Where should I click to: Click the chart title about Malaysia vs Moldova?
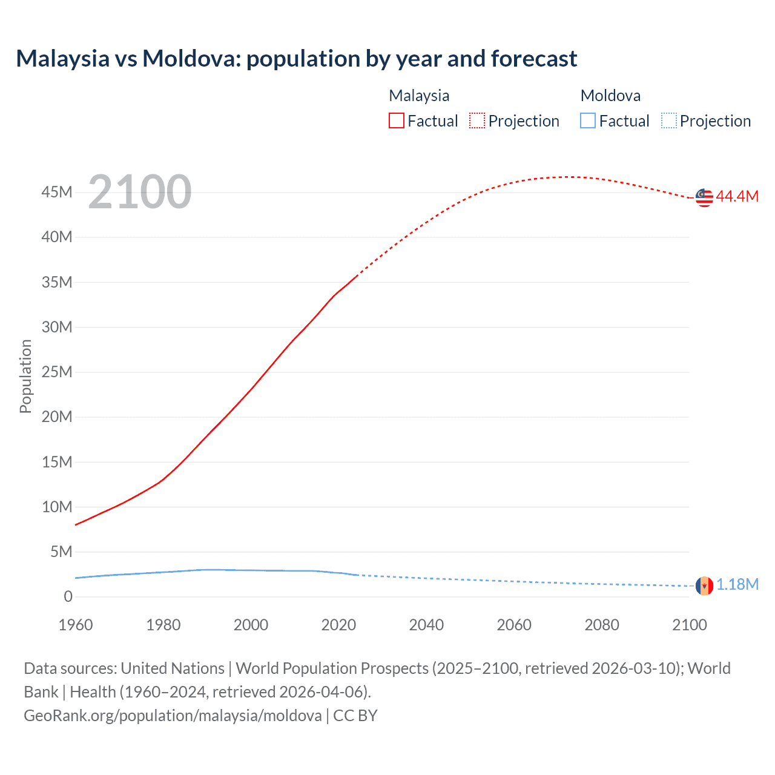pyautogui.click(x=296, y=59)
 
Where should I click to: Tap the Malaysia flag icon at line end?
pyautogui.click(x=704, y=197)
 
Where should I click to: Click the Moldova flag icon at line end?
pyautogui.click(x=704, y=585)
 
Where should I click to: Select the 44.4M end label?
pyautogui.click(x=737, y=196)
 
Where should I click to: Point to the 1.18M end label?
pyautogui.click(x=737, y=584)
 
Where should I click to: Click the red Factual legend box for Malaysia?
pyautogui.click(x=397, y=120)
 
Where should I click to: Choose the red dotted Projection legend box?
pyautogui.click(x=477, y=120)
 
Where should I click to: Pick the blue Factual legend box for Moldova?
pyautogui.click(x=588, y=120)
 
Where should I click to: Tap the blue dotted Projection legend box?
pyautogui.click(x=668, y=120)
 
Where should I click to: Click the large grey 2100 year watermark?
pyautogui.click(x=140, y=193)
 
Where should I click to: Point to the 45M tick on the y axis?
pyautogui.click(x=57, y=193)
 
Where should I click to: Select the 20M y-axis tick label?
pyautogui.click(x=57, y=417)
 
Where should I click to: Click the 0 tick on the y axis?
pyautogui.click(x=68, y=596)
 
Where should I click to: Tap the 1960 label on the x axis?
pyautogui.click(x=76, y=625)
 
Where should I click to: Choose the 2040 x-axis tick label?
pyautogui.click(x=426, y=625)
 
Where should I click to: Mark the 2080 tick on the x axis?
pyautogui.click(x=602, y=625)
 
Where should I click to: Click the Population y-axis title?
pyautogui.click(x=25, y=376)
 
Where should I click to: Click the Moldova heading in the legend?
pyautogui.click(x=610, y=96)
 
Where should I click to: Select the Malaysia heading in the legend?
pyautogui.click(x=419, y=96)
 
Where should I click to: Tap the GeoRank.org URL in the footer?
pyautogui.click(x=173, y=716)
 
